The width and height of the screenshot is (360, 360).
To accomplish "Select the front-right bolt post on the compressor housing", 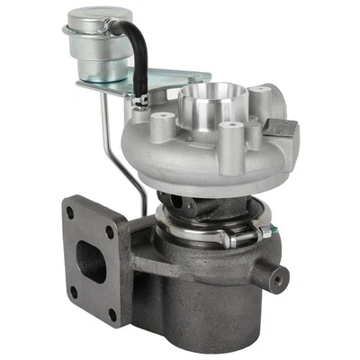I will [x=232, y=131].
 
